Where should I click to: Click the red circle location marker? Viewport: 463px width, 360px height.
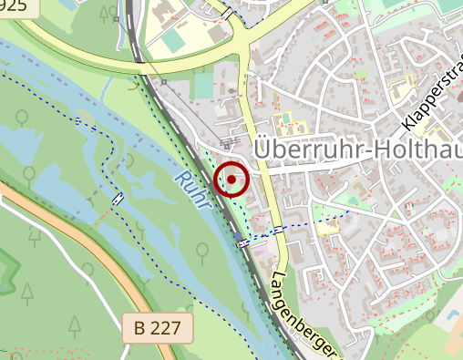point(231,180)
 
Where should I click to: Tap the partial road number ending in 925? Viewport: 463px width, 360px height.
point(15,7)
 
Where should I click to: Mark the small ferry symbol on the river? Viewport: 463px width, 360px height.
point(118,198)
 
